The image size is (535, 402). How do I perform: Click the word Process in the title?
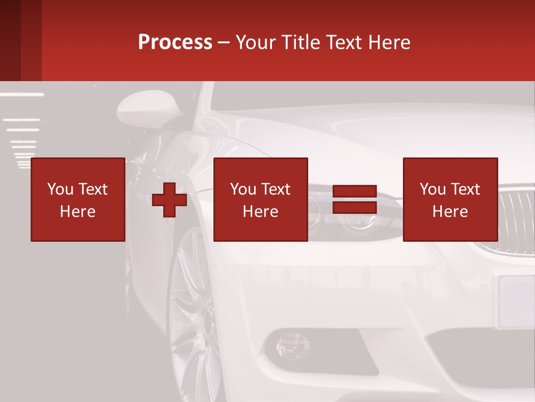[175, 42]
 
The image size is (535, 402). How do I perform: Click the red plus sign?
[169, 200]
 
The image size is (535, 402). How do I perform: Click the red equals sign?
[355, 200]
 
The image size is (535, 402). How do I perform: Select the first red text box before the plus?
[78, 199]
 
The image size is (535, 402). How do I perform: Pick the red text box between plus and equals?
[261, 199]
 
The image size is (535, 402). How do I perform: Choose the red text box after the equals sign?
[450, 199]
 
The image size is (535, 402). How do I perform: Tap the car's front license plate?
[516, 301]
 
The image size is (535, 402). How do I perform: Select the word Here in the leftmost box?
[78, 212]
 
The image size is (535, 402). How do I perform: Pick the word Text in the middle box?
[276, 190]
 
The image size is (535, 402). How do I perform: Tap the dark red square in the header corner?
[21, 40]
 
